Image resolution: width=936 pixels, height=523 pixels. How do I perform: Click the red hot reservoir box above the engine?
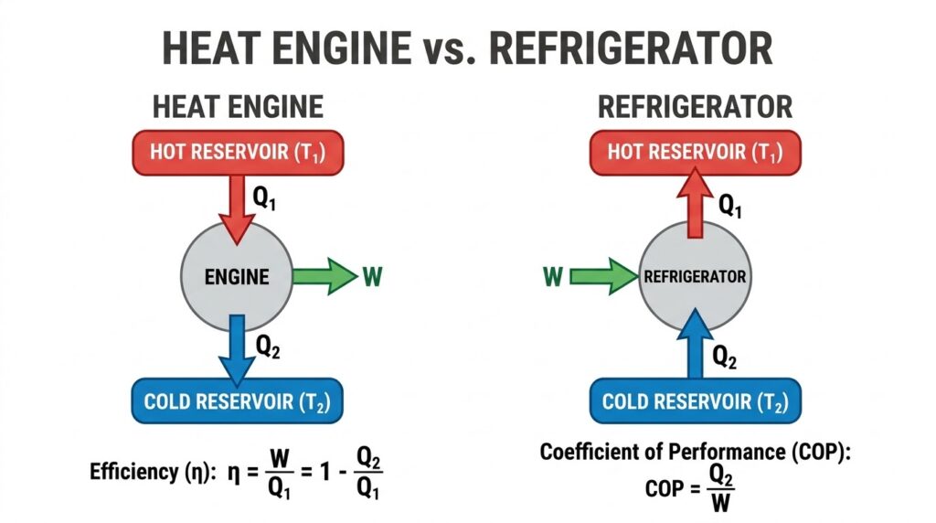pyautogui.click(x=238, y=153)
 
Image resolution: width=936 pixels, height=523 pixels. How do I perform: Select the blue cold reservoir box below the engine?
pyautogui.click(x=237, y=400)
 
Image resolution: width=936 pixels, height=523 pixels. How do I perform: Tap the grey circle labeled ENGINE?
pyautogui.click(x=237, y=276)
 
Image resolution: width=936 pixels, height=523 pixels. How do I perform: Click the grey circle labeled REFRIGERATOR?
pyautogui.click(x=695, y=276)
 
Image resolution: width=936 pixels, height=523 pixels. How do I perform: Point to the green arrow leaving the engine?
pyautogui.click(x=325, y=276)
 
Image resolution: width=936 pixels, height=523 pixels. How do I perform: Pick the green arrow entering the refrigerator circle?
pyautogui.click(x=604, y=276)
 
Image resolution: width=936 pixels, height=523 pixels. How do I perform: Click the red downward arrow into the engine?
pyautogui.click(x=237, y=210)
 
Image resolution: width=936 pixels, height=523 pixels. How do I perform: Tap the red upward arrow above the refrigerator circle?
pyautogui.click(x=695, y=202)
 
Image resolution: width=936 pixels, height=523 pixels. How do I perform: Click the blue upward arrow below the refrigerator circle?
pyautogui.click(x=695, y=343)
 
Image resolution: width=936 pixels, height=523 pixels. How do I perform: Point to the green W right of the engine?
pyautogui.click(x=372, y=276)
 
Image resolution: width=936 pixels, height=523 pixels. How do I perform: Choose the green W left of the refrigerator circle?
pyautogui.click(x=553, y=276)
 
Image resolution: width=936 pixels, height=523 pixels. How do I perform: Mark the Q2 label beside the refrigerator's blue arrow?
pyautogui.click(x=724, y=357)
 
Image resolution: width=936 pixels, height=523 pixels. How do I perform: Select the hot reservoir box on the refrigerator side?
pyautogui.click(x=696, y=153)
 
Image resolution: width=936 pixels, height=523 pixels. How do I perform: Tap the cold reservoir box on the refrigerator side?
pyautogui.click(x=696, y=400)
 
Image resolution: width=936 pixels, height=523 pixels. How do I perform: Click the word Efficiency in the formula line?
pyautogui.click(x=133, y=472)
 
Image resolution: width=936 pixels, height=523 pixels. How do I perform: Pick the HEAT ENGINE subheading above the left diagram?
pyautogui.click(x=238, y=108)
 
